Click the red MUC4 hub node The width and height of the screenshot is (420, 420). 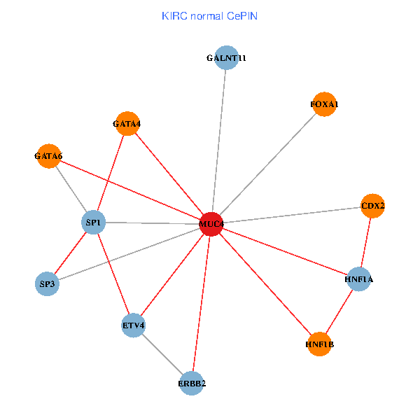[211, 224]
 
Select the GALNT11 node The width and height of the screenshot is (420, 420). [226, 59]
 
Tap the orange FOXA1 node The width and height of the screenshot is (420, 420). [323, 104]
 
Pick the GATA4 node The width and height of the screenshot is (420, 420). [127, 124]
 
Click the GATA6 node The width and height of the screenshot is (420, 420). [48, 156]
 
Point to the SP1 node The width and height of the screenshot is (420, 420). [94, 223]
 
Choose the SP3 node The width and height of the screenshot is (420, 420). [47, 283]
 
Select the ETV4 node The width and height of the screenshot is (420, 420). [133, 325]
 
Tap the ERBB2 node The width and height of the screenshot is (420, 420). [191, 383]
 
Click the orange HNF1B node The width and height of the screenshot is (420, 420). [319, 344]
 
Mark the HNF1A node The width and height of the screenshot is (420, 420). [358, 279]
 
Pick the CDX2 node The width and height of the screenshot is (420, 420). [373, 206]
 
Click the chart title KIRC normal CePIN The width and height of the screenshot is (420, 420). [209, 15]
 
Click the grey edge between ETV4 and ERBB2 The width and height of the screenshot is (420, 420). [162, 354]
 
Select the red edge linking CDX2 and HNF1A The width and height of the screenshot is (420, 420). [366, 242]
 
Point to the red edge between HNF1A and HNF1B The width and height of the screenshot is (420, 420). [339, 311]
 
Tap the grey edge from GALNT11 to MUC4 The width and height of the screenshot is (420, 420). [219, 140]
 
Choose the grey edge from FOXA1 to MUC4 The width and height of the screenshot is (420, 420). [267, 164]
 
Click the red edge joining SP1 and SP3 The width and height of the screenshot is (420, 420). [70, 253]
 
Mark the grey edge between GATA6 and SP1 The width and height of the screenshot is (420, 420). [71, 189]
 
